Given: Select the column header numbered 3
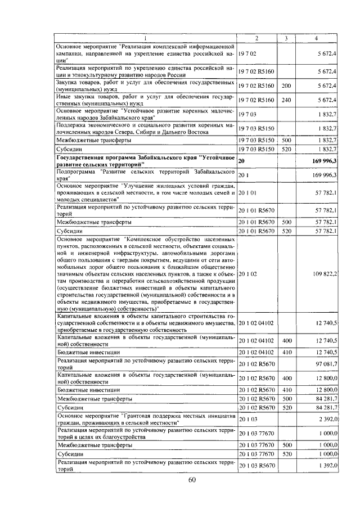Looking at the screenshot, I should [x=286, y=38].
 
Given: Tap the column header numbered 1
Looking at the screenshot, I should [x=146, y=38].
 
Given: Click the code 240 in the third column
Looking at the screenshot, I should [x=286, y=100].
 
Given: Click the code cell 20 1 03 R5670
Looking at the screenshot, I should [x=257, y=466].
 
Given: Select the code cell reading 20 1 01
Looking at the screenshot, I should [x=247, y=193].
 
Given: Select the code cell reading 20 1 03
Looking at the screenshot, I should [x=247, y=418].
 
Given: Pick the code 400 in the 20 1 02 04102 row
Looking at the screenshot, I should [x=286, y=341].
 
